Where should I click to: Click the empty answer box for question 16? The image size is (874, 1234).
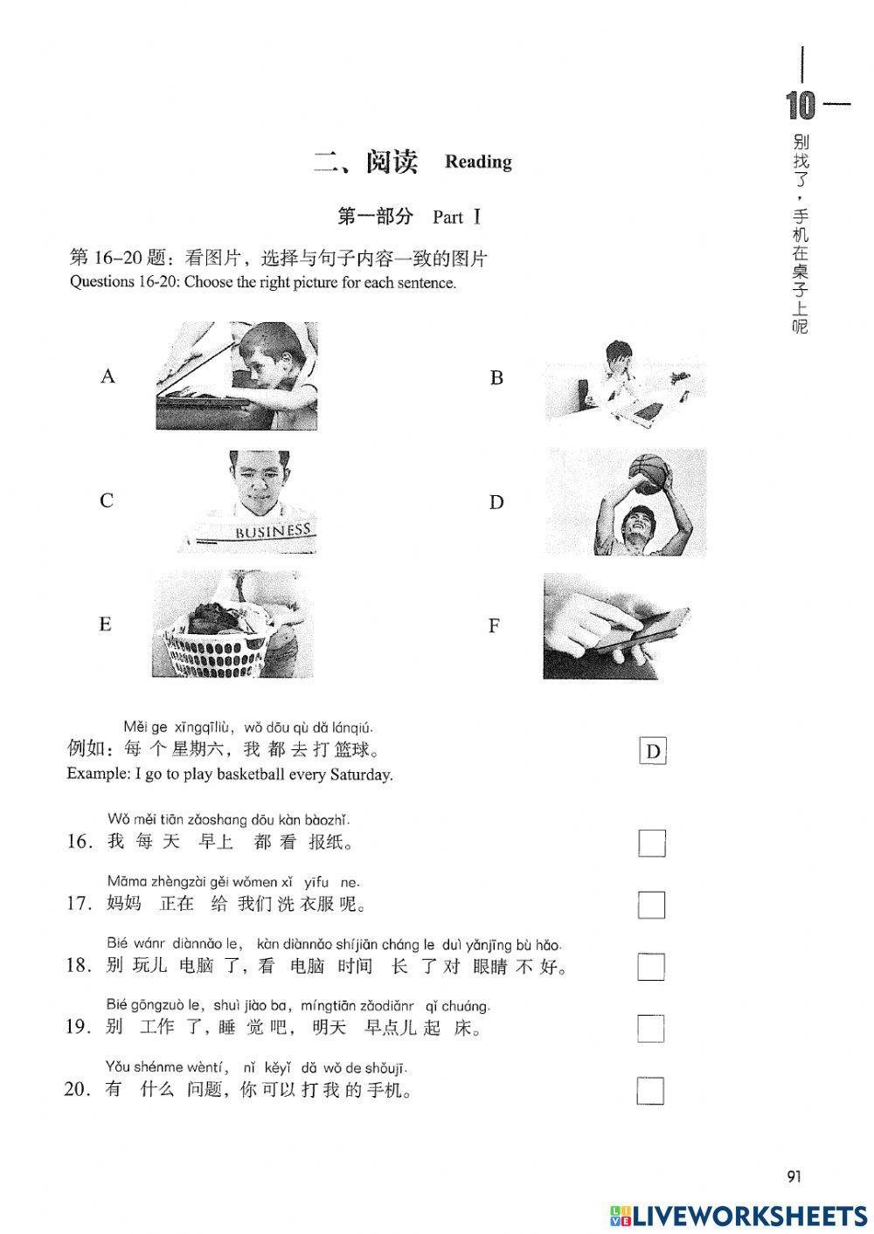pyautogui.click(x=651, y=843)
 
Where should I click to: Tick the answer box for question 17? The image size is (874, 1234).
pyautogui.click(x=651, y=905)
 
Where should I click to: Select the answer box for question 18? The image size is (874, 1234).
pyautogui.click(x=651, y=967)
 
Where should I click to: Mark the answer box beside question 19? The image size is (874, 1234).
pyautogui.click(x=651, y=1029)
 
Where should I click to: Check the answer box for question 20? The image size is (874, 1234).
pyautogui.click(x=651, y=1091)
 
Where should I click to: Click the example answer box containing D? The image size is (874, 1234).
pyautogui.click(x=653, y=751)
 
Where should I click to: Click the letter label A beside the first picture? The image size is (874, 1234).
pyautogui.click(x=108, y=376)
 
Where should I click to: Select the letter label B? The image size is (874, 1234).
pyautogui.click(x=496, y=378)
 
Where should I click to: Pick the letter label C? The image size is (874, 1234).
pyautogui.click(x=107, y=500)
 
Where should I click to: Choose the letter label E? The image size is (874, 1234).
pyautogui.click(x=106, y=624)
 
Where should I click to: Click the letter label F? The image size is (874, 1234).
pyautogui.click(x=495, y=626)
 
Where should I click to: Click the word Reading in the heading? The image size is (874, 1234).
pyautogui.click(x=478, y=162)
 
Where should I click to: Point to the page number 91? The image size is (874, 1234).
pyautogui.click(x=794, y=1176)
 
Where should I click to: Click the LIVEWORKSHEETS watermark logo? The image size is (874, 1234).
pyautogui.click(x=739, y=1215)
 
